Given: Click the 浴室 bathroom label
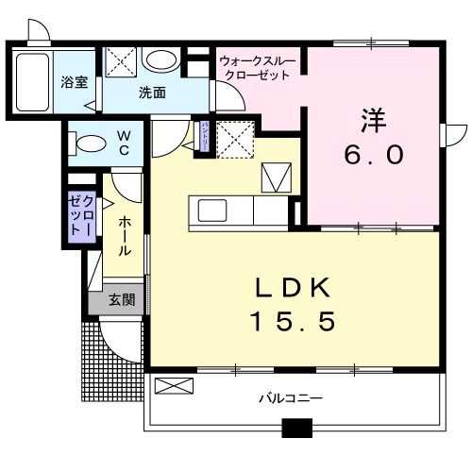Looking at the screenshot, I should coord(76,82).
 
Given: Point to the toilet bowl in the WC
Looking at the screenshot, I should coord(91,144).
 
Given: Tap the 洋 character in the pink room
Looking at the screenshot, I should coord(371,121).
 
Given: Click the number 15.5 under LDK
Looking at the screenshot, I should coord(292,323).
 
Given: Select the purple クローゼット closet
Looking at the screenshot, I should coord(80,218).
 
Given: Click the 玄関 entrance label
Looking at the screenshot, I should coord(121,300).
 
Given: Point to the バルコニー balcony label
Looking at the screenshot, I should coord(291,397).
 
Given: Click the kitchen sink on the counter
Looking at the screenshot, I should coord(210,209).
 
